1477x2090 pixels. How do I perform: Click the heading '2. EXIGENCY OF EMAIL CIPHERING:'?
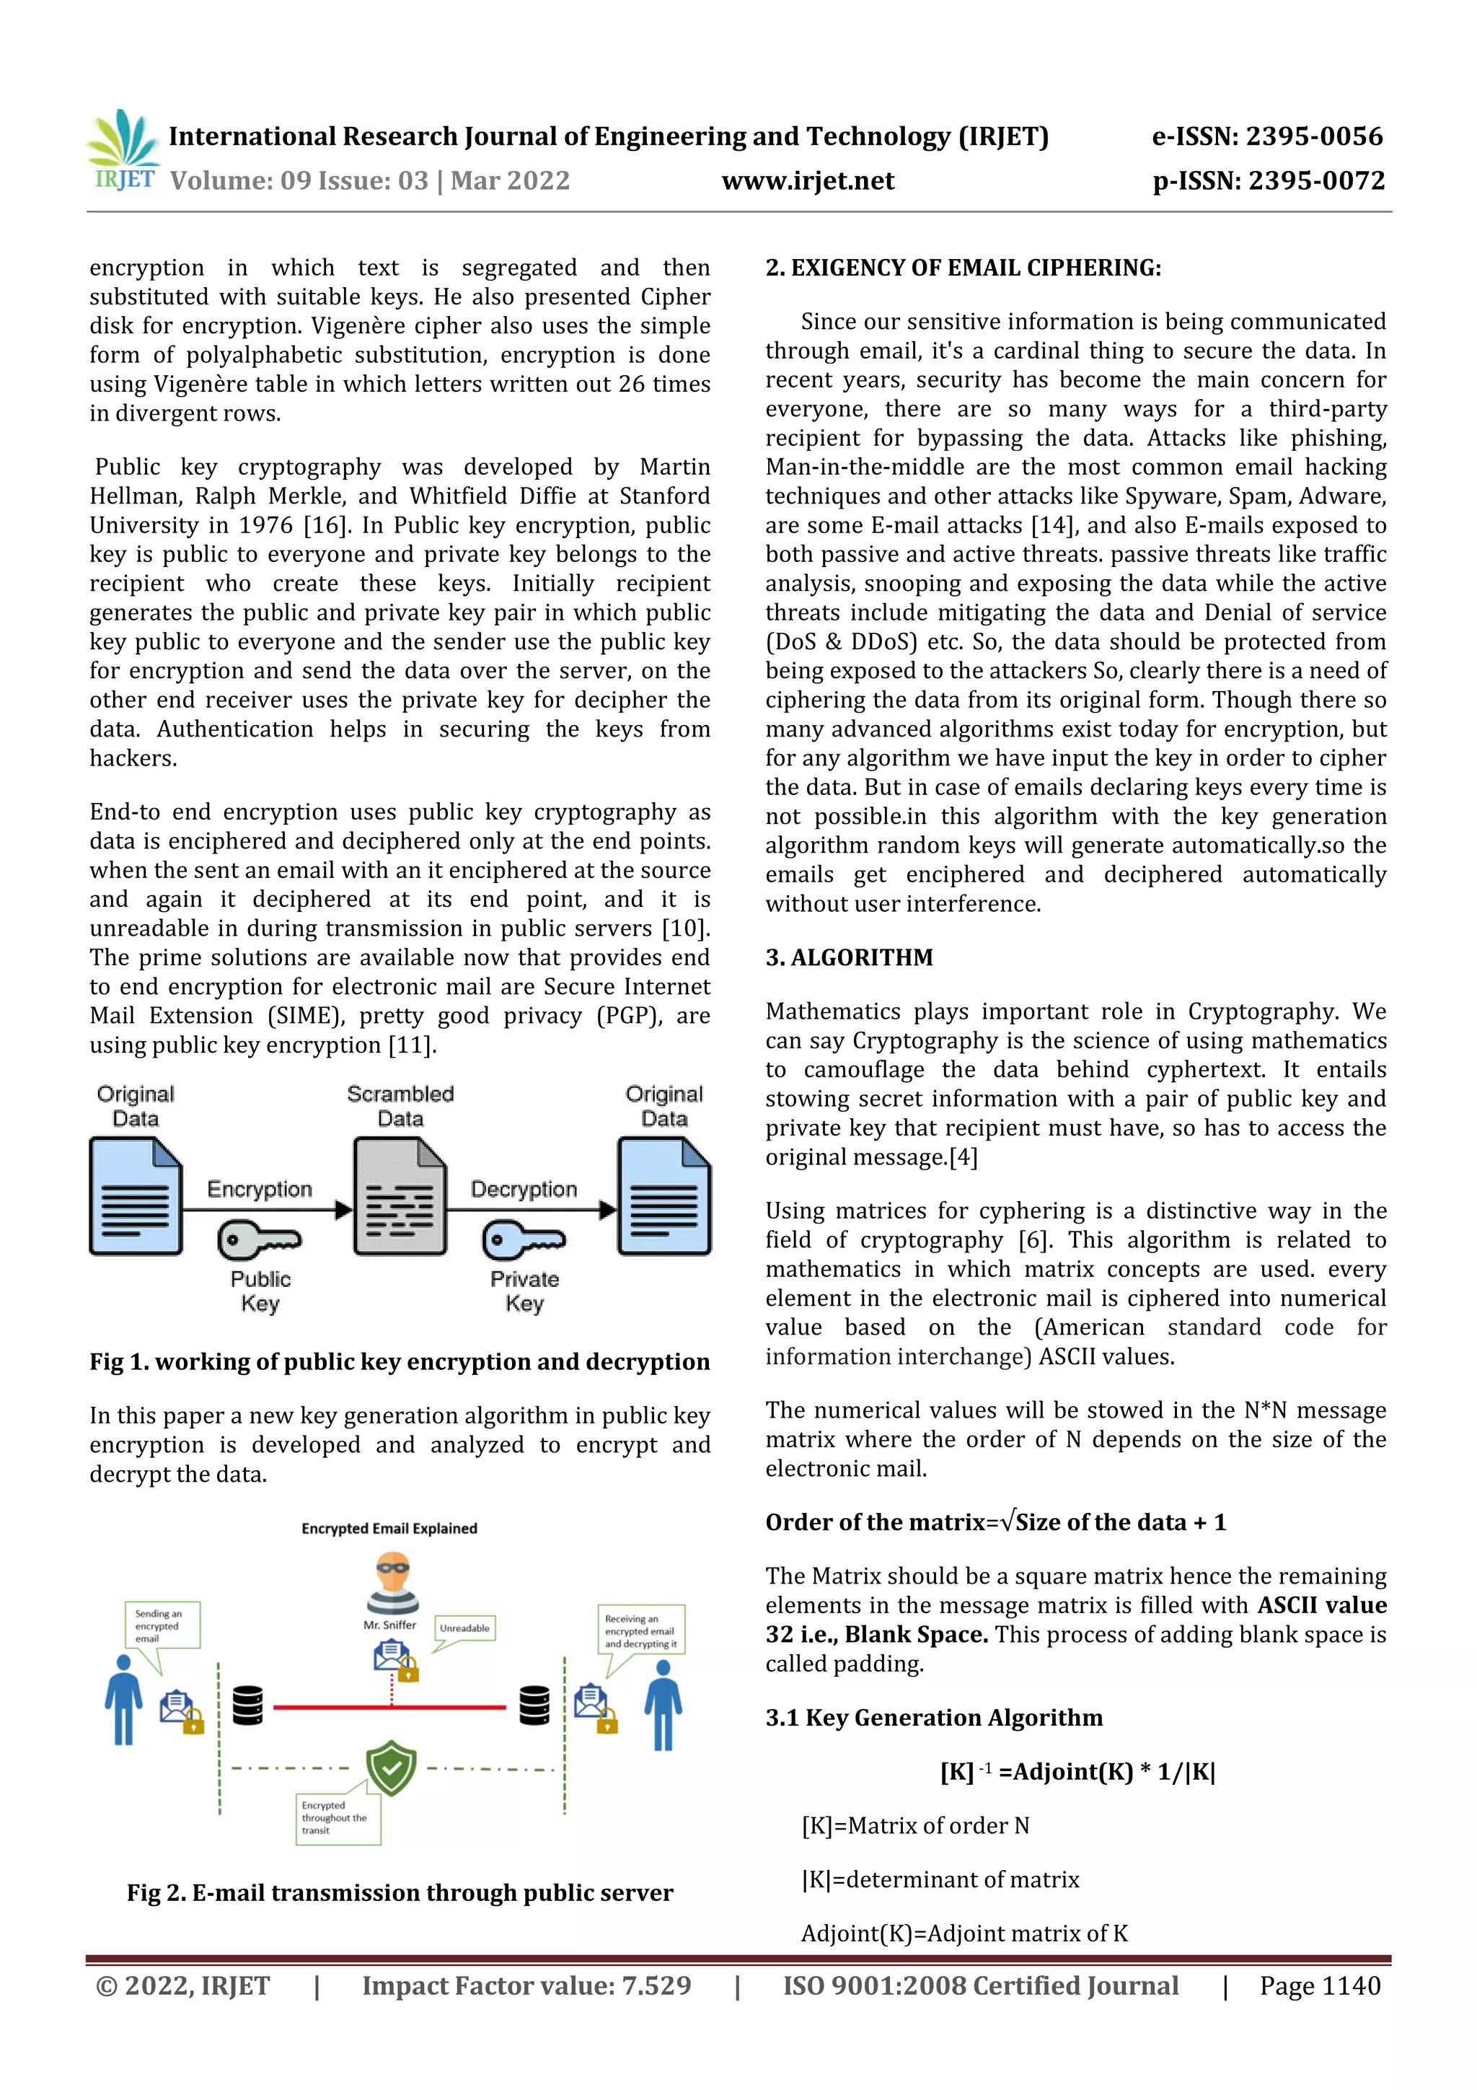[963, 268]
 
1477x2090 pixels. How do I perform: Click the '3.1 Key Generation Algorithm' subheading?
[934, 1718]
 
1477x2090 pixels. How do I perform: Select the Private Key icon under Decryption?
[524, 1240]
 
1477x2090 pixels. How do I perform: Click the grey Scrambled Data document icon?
[400, 1196]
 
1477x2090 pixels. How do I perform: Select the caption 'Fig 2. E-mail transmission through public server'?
[400, 1892]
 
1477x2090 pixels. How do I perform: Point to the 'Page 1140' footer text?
[1320, 1986]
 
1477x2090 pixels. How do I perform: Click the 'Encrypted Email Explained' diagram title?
[389, 1528]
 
